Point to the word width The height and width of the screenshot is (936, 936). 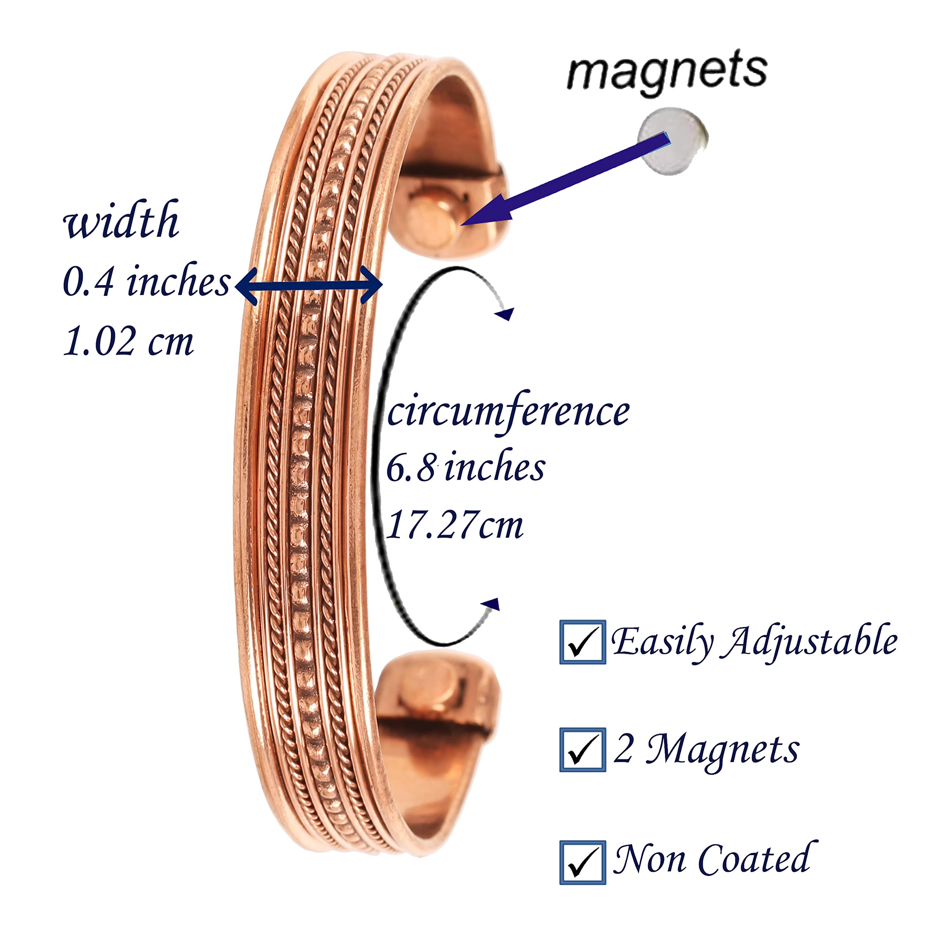121,220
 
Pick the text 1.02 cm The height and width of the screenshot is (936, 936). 128,341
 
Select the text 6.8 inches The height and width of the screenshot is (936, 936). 465,468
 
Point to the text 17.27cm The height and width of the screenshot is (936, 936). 455,525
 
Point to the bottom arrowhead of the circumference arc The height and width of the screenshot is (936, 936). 491,604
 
